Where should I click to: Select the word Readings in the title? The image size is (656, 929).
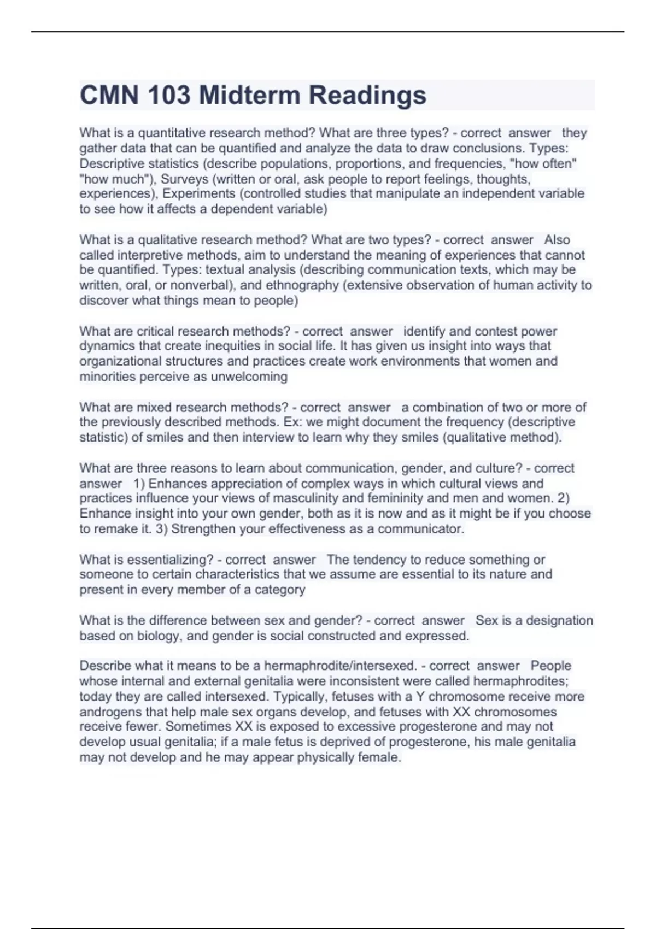coord(367,96)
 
